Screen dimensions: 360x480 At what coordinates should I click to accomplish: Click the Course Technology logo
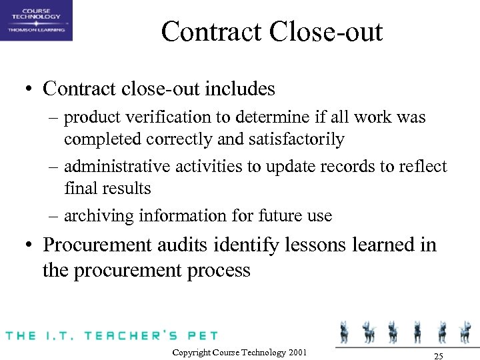[36, 20]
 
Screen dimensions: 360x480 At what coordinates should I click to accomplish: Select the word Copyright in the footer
[191, 353]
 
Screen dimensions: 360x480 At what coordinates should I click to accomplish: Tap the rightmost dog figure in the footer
[463, 331]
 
